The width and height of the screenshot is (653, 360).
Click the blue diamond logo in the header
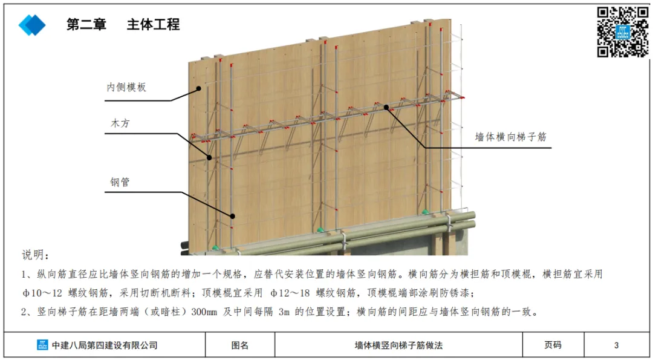point(32,24)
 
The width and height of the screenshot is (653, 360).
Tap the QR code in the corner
point(622,31)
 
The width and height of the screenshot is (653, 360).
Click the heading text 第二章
point(86,25)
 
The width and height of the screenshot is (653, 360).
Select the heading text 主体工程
point(153,25)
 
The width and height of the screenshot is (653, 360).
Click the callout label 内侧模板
point(126,87)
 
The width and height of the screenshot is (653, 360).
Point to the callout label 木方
point(120,123)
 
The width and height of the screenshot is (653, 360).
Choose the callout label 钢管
point(120,182)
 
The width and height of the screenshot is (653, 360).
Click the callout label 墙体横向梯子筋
point(511,137)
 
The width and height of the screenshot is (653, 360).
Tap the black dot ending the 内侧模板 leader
point(198,88)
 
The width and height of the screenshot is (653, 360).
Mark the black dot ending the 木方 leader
point(209,157)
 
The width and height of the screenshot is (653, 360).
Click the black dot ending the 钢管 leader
point(232,215)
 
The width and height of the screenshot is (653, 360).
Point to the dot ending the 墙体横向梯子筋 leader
point(386,107)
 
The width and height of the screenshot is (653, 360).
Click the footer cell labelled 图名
point(240,345)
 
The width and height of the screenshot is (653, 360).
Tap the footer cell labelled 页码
point(553,345)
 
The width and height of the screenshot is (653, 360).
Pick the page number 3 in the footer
point(616,345)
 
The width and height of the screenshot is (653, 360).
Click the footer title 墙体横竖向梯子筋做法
point(398,345)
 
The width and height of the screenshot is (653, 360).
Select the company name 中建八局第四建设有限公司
point(105,345)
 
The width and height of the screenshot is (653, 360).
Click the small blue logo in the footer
point(42,345)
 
